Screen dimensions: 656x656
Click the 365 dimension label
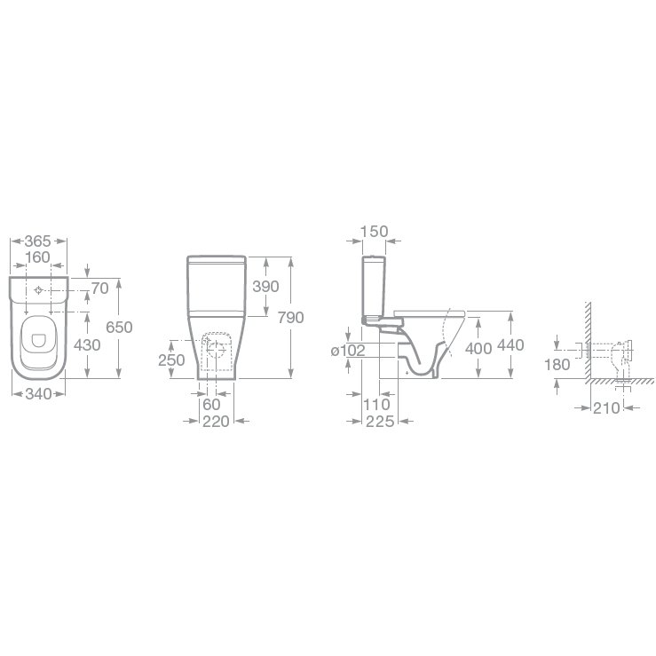[37, 241]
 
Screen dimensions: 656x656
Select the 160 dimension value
[37, 257]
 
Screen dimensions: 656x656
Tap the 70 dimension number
[100, 288]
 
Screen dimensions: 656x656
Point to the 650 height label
[119, 328]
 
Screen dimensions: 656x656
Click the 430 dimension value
[87, 345]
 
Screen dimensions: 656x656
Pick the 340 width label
[38, 393]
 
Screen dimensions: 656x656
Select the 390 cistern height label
[265, 287]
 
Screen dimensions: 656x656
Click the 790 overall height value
[291, 318]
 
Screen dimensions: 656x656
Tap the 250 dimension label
[171, 360]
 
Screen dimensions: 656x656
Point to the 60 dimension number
[211, 405]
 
